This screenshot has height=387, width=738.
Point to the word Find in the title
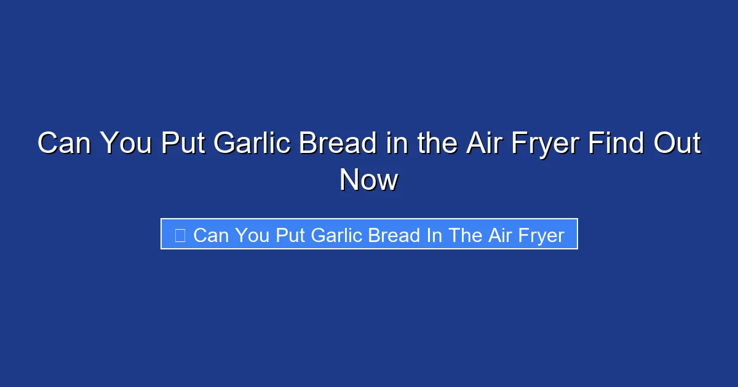(x=616, y=144)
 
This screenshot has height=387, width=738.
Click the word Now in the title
(x=369, y=181)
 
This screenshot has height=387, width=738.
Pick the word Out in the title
(x=676, y=144)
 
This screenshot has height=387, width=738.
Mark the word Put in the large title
(x=183, y=144)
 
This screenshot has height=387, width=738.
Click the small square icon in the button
(x=180, y=235)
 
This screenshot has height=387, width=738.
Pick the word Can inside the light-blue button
(x=210, y=235)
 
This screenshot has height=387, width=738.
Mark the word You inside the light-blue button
(x=252, y=235)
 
